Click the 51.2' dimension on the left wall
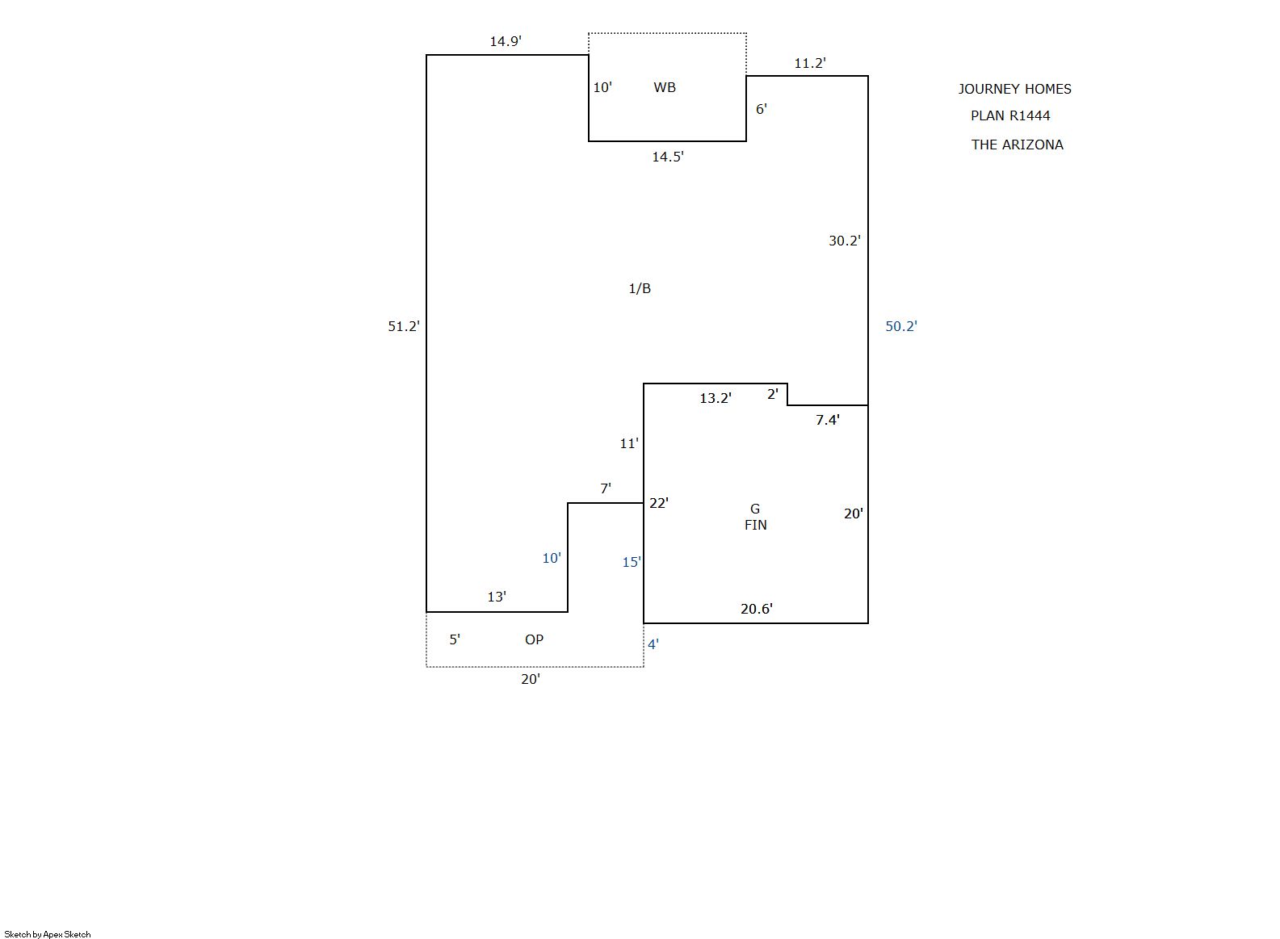404,326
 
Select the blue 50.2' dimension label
901,326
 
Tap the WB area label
665,87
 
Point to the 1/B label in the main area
640,288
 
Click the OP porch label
534,639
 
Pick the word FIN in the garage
755,525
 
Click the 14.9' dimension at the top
506,41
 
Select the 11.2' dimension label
810,63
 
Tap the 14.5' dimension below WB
668,157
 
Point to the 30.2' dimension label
845,241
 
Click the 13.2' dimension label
716,398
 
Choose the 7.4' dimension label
827,420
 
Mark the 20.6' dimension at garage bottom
757,609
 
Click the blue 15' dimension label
632,562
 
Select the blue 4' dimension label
653,644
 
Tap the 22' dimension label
659,503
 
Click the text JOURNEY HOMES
1015,89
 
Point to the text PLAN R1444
1010,115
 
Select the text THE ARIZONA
1017,145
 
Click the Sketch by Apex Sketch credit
48,934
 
